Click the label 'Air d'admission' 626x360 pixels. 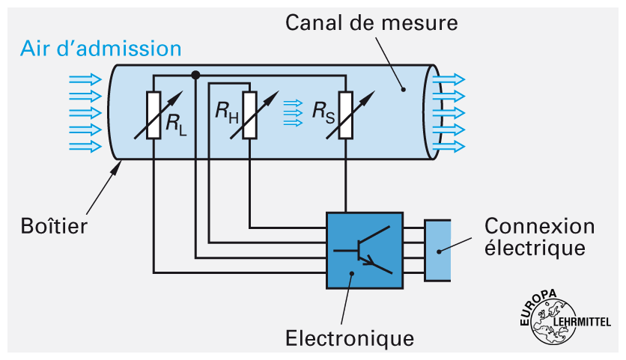pos(101,49)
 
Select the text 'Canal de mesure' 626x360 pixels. pos(371,22)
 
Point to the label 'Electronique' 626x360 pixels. pos(350,338)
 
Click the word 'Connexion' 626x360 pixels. pos(539,226)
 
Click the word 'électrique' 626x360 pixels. pos(534,247)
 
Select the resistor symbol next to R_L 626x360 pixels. pos(154,115)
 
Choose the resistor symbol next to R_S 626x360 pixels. pos(345,115)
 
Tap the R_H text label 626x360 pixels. pos(227,113)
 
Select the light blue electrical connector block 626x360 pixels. pos(438,250)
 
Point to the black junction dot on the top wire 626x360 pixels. pos(195,75)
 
